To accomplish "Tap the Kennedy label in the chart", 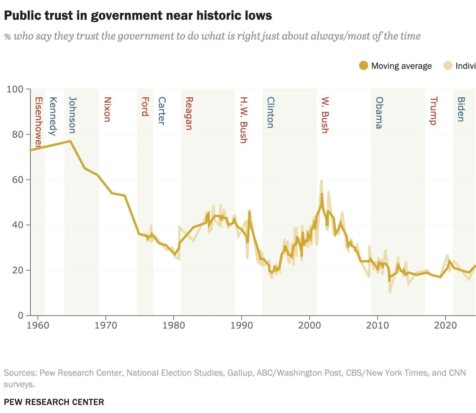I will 53,116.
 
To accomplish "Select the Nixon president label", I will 107,109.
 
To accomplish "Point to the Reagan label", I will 189,113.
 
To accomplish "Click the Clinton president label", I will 270,112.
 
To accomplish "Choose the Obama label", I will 379,113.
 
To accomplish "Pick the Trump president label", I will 433,111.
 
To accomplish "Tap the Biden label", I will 461,109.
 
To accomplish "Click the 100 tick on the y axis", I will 15,89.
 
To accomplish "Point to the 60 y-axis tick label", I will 17,179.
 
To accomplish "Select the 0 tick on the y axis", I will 21,315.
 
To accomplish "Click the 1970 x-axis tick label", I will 106,326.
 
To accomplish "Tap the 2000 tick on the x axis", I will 309,326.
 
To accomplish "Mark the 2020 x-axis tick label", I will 445,326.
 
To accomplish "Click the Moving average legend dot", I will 363,66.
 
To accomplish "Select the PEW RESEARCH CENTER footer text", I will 54,402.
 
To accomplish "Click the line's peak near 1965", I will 70,141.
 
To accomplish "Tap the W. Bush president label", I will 325,115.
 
